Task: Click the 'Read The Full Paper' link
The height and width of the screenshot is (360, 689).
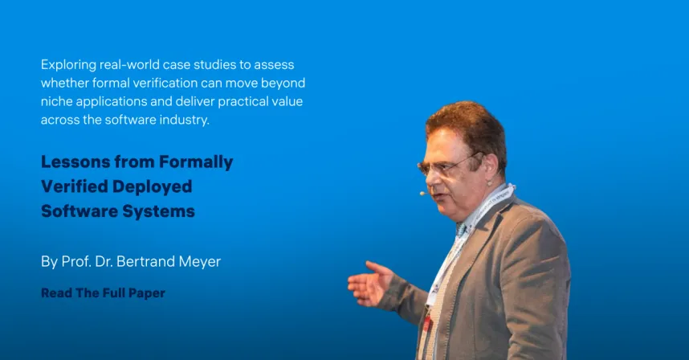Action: (103, 293)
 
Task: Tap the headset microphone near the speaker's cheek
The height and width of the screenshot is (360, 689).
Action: (423, 193)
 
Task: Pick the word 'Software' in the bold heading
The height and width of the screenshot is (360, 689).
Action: (77, 212)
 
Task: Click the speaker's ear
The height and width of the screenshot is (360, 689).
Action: (487, 165)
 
